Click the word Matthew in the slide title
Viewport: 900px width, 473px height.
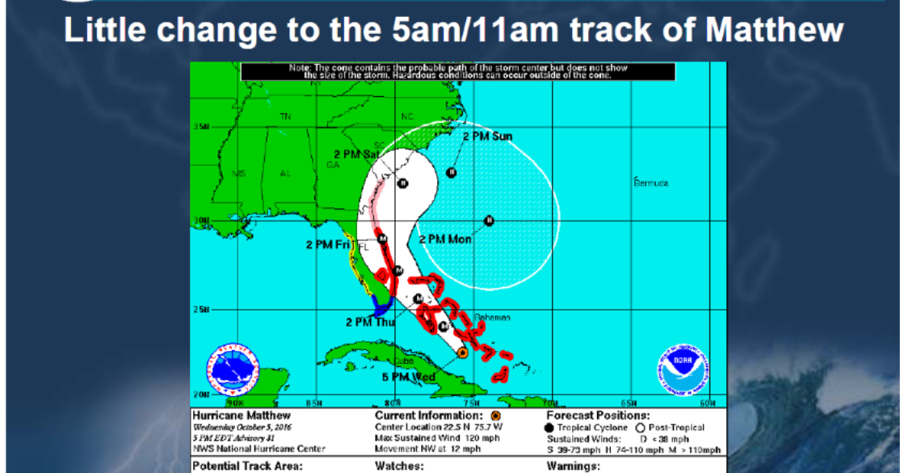774,32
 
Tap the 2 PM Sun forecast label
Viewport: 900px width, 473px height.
487,137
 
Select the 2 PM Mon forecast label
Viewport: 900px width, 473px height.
445,239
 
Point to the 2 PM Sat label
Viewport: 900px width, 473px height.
356,153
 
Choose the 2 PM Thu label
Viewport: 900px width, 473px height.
369,322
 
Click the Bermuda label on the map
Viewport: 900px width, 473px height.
650,183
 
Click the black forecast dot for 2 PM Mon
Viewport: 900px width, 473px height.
489,221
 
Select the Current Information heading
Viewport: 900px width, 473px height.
426,416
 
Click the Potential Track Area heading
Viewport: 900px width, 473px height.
247,466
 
